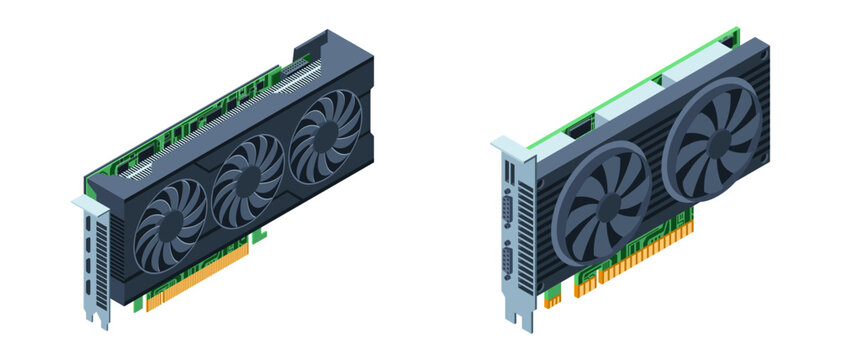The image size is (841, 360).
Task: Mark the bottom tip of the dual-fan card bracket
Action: pyautogui.click(x=519, y=326)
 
